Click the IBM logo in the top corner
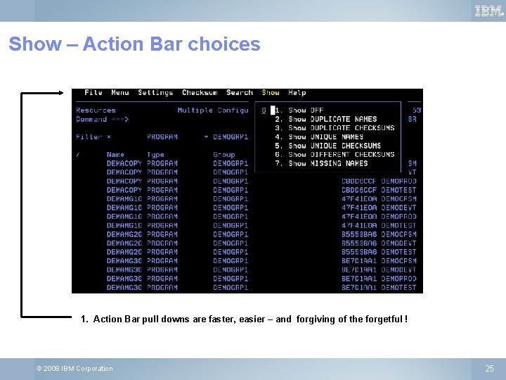point(488,11)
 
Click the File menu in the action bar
point(93,93)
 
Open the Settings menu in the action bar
point(155,93)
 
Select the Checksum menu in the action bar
point(200,93)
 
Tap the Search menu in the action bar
point(240,93)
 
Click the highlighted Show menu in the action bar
point(271,93)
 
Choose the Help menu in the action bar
point(297,93)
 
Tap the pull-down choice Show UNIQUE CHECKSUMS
point(335,146)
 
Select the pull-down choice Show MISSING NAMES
point(328,163)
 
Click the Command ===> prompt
point(103,120)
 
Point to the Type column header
point(155,155)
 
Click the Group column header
point(224,155)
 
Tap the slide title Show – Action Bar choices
point(134,44)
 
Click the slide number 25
point(490,369)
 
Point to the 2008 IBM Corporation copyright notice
point(74,369)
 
